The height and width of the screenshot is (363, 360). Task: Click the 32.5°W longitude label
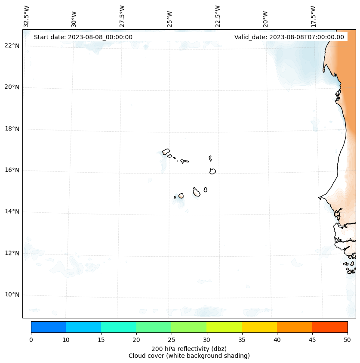[x=27, y=16]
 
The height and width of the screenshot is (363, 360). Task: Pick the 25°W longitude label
[x=170, y=19]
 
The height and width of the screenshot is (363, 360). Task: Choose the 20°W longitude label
[x=265, y=19]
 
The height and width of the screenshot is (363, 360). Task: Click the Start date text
[x=83, y=37]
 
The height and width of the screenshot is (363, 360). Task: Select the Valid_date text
[x=289, y=37]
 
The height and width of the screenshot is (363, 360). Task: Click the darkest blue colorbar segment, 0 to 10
[x=48, y=327]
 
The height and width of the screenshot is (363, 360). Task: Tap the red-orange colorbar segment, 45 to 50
[x=330, y=327]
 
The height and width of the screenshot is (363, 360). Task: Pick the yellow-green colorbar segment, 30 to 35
[x=224, y=327]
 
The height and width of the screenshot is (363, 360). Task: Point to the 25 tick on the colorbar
[x=171, y=340]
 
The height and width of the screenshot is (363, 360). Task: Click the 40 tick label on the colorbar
[x=277, y=340]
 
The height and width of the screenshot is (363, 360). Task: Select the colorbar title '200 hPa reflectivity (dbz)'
[x=189, y=348]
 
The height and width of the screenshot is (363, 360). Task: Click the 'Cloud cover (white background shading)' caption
[x=189, y=356]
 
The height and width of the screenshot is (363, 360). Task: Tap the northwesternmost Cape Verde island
[x=166, y=152]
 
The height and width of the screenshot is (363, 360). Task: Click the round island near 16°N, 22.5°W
[x=212, y=171]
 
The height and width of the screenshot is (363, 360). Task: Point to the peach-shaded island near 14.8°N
[x=181, y=196]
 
